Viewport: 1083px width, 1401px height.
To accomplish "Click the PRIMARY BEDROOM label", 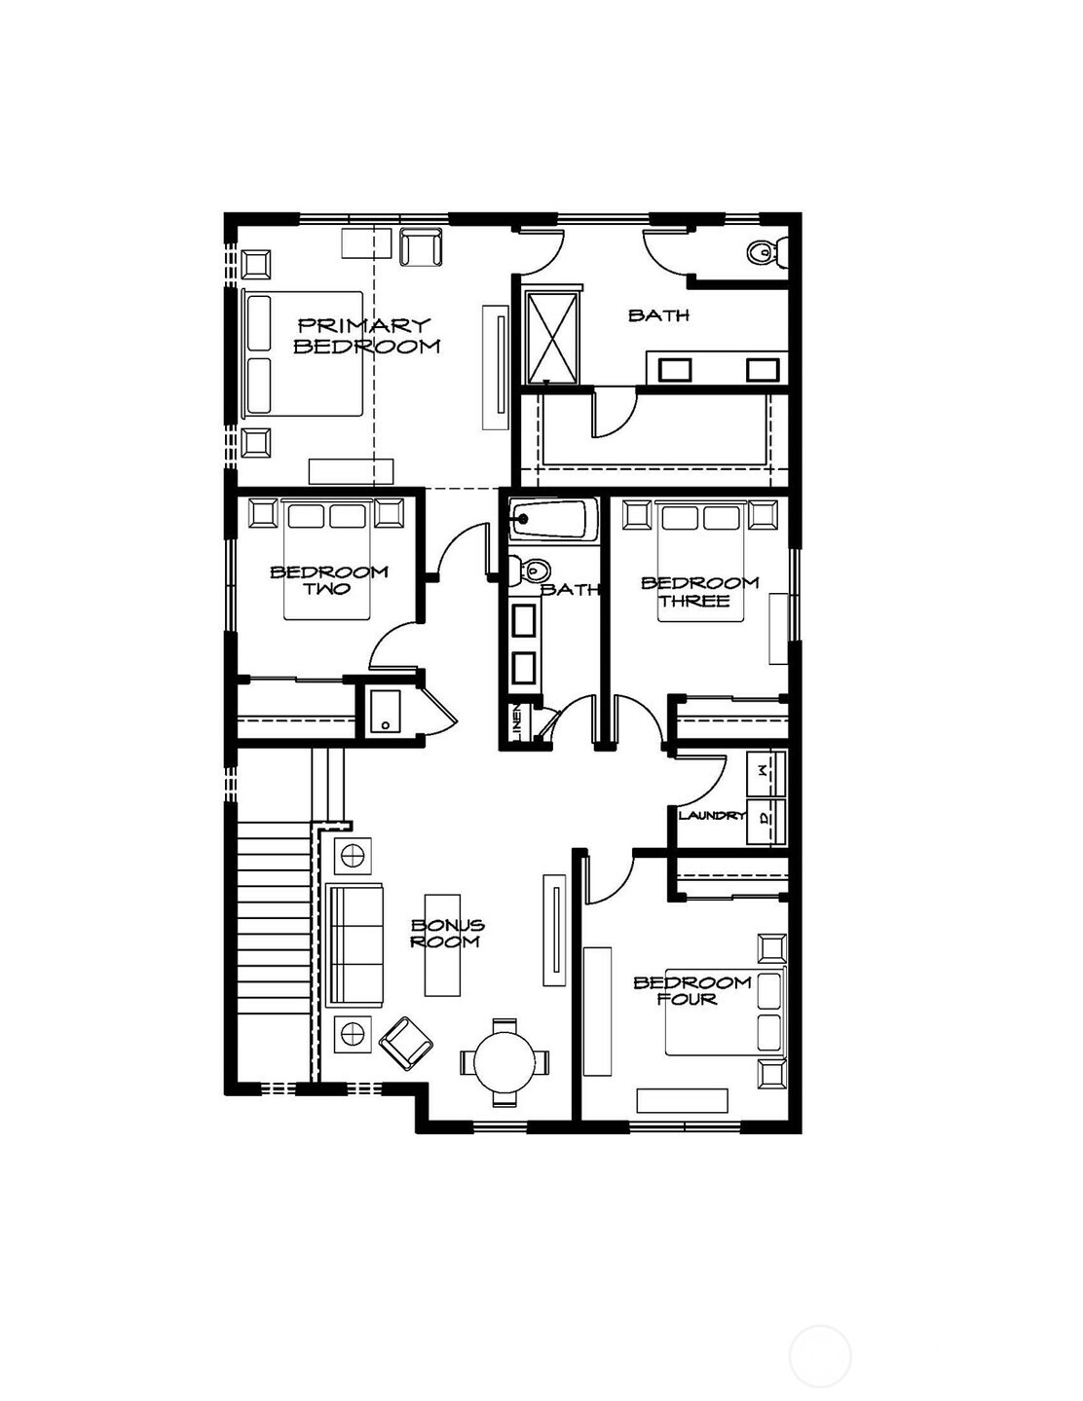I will tap(366, 335).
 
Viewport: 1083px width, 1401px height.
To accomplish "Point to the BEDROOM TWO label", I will tap(328, 579).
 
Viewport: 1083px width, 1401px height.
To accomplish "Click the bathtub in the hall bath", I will tap(550, 520).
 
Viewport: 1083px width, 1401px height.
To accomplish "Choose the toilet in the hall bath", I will tap(532, 570).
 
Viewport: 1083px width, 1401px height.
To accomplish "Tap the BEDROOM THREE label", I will tap(698, 591).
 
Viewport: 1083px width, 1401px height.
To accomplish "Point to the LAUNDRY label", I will tap(711, 815).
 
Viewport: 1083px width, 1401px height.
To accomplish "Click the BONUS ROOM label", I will tap(446, 934).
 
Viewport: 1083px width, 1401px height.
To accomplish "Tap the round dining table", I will tap(504, 1062).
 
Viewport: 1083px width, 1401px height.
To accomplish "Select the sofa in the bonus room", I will tap(356, 945).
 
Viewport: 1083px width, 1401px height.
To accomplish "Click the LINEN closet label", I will tap(517, 722).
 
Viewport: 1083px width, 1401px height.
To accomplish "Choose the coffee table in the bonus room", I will tap(441, 945).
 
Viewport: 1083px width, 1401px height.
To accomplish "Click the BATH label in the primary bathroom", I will tap(658, 315).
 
